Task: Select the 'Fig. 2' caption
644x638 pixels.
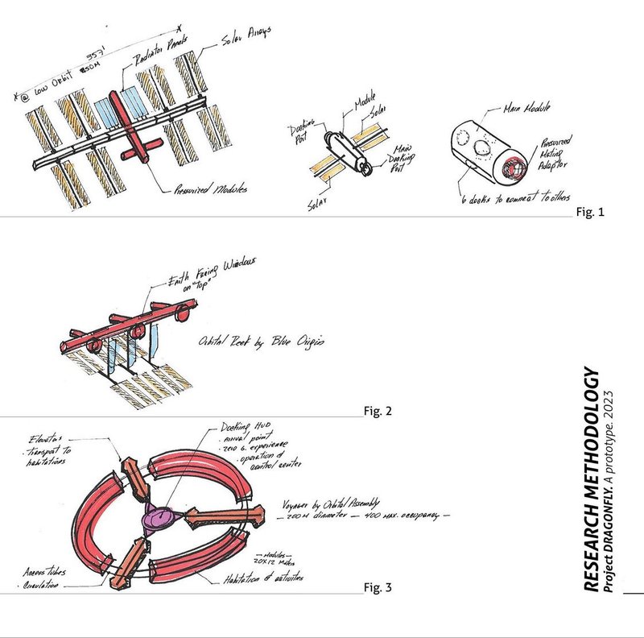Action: pyautogui.click(x=378, y=411)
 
